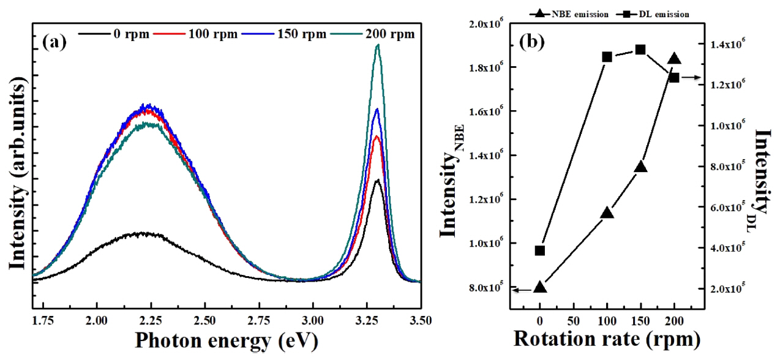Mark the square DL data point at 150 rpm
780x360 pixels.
tap(640, 50)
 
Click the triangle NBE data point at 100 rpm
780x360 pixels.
tap(607, 212)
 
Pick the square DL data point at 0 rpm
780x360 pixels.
tap(540, 250)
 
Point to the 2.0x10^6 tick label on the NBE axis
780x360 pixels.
tap(484, 23)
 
